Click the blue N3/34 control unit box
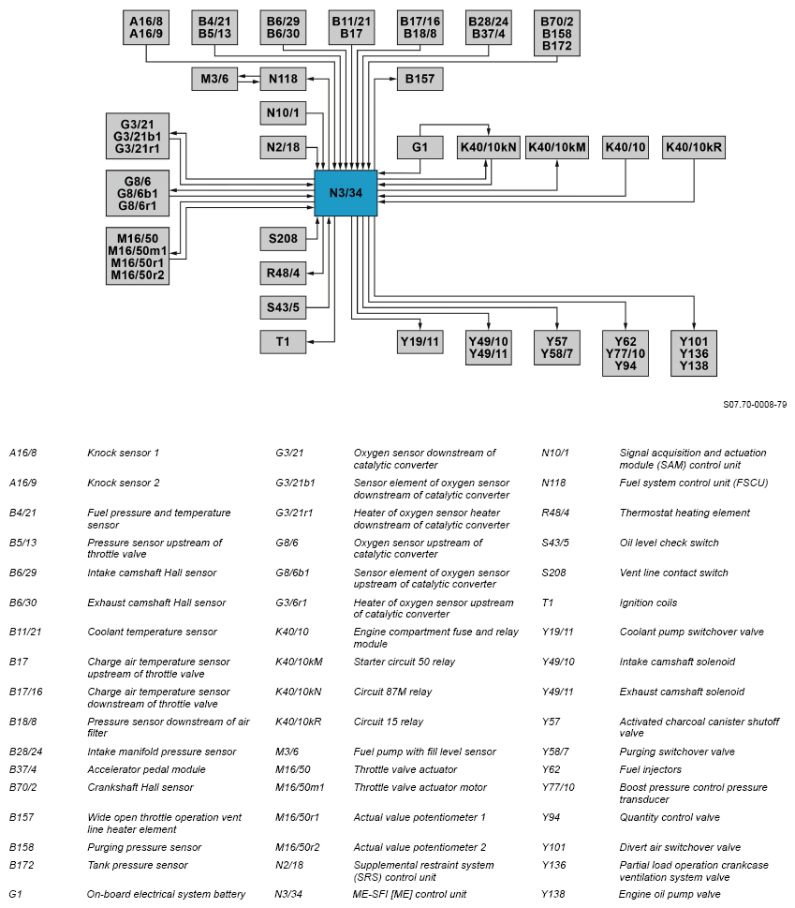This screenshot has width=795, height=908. tap(346, 194)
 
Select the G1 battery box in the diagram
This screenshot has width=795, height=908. tap(420, 148)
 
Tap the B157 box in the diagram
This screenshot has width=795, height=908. tap(420, 79)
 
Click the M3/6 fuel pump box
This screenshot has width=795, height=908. tap(213, 79)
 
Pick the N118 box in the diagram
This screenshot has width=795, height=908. tap(283, 79)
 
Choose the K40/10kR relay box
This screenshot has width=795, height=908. tap(694, 148)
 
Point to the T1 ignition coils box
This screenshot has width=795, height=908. tap(283, 342)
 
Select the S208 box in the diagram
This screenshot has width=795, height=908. tap(283, 239)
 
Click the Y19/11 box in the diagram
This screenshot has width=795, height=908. tap(420, 342)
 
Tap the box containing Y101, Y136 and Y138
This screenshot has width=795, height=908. tap(694, 353)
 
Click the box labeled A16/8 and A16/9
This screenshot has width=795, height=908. tap(146, 28)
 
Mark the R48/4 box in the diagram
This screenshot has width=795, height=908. tap(283, 274)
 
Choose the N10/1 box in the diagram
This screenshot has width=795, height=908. tap(283, 114)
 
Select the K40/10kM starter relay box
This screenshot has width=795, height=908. tap(557, 148)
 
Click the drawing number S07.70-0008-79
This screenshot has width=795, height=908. tap(755, 405)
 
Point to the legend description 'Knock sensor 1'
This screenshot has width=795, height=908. tap(124, 454)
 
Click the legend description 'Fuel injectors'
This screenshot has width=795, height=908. tap(652, 769)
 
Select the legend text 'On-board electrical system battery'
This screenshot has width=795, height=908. tap(167, 894)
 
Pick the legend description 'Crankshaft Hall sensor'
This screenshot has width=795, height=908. tap(140, 787)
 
